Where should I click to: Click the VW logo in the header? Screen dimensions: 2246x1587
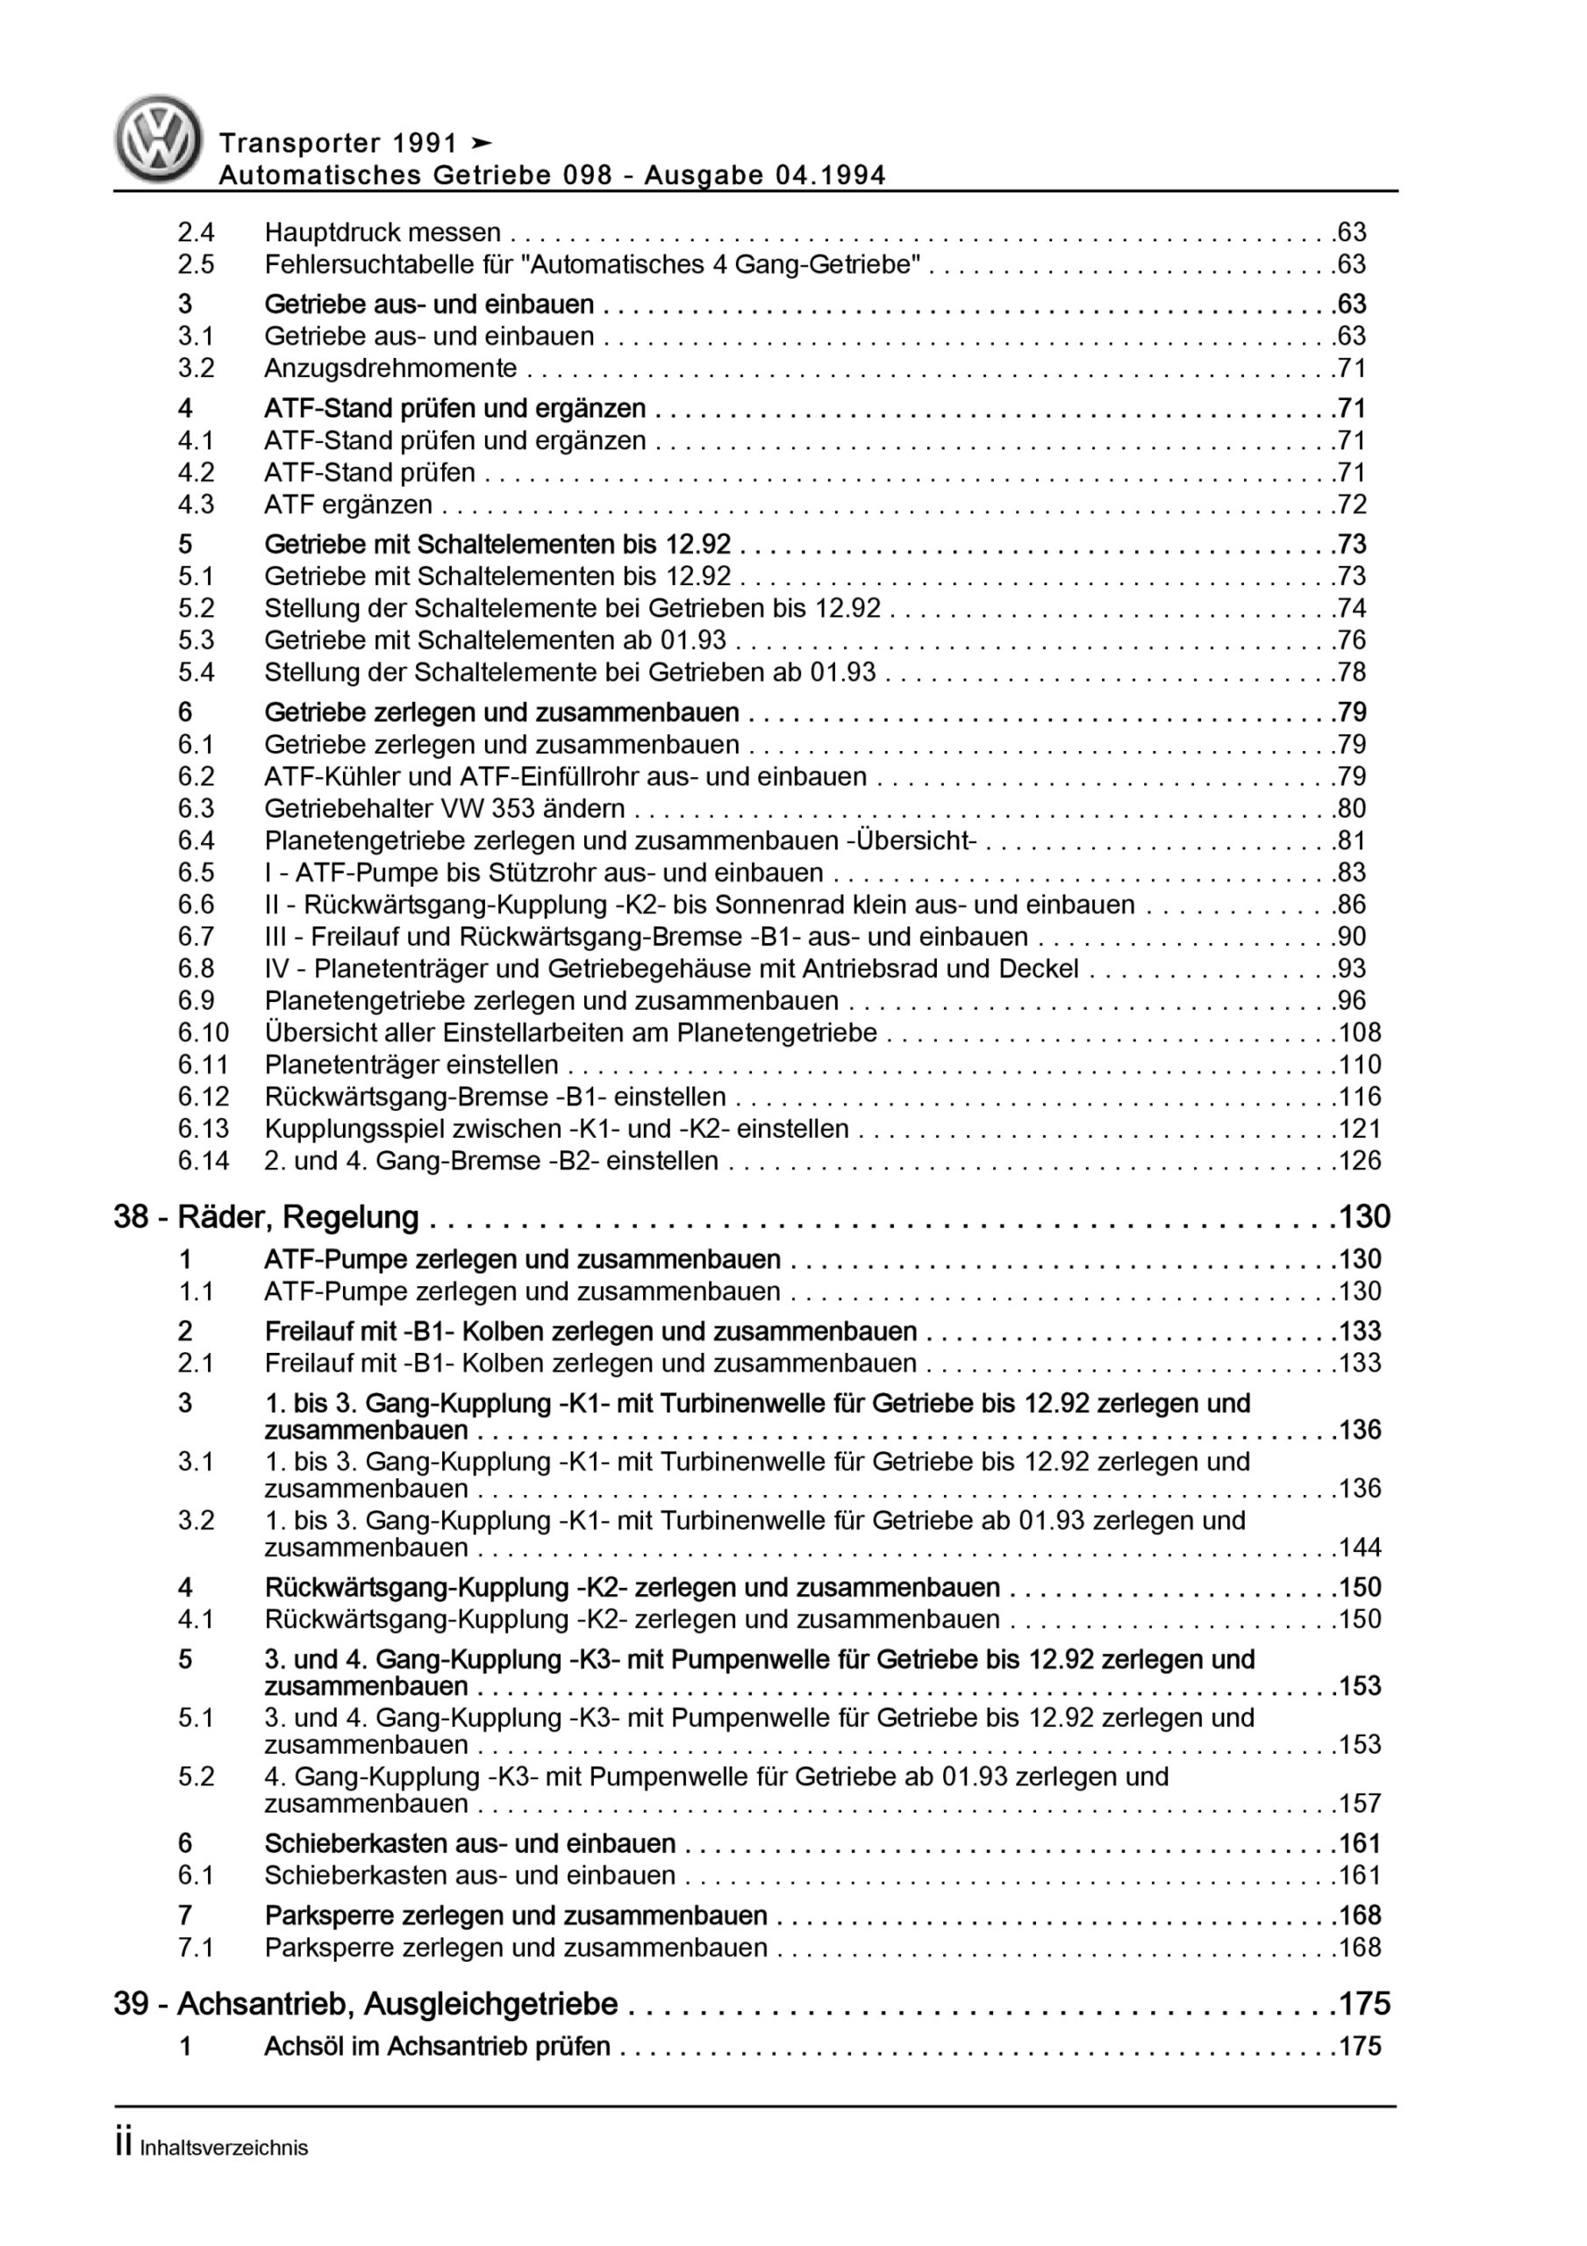[158, 139]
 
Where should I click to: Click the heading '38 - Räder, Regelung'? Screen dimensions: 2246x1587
[266, 1217]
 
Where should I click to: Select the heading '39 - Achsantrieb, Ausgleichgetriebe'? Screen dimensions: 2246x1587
[366, 2005]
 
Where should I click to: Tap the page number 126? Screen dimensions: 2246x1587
[1360, 1161]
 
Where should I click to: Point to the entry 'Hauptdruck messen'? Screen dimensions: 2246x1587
[382, 232]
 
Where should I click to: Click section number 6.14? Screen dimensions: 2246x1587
[203, 1161]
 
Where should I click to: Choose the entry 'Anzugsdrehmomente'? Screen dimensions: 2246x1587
[390, 368]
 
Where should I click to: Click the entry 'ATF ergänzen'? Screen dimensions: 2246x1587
[347, 504]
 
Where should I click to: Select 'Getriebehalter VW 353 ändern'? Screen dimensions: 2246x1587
[444, 808]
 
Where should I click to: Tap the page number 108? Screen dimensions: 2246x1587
[1360, 1033]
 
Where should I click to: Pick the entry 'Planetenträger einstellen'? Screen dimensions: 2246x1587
[411, 1065]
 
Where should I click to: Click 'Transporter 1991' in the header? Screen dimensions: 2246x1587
[339, 144]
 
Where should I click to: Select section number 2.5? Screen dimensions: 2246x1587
[196, 264]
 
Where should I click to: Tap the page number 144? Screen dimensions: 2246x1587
[1360, 1548]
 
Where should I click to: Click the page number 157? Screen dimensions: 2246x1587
[1360, 1803]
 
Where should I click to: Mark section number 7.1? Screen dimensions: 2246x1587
[196, 1948]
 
